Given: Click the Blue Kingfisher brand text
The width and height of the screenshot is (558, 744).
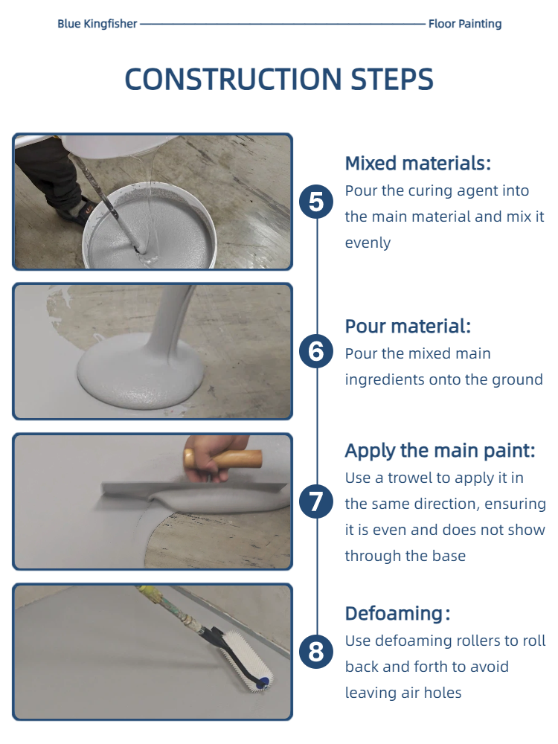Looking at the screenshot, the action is pyautogui.click(x=97, y=24).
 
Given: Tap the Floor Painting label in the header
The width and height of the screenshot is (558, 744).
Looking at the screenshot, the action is pyautogui.click(x=465, y=24).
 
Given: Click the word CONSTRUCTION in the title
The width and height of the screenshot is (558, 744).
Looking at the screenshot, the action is pyautogui.click(x=233, y=79).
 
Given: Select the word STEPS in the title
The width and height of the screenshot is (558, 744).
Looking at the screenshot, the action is pyautogui.click(x=392, y=79).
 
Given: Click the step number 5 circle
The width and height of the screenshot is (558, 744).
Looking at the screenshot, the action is pyautogui.click(x=316, y=202).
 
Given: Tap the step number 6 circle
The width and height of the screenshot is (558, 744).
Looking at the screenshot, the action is pyautogui.click(x=316, y=352).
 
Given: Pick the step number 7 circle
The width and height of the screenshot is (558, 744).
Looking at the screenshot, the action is pyautogui.click(x=316, y=502).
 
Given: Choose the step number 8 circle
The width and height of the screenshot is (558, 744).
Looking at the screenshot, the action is pyautogui.click(x=316, y=652).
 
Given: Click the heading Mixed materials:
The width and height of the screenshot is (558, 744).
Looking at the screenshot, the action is pyautogui.click(x=418, y=163).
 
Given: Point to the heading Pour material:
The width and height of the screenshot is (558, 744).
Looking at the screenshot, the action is pyautogui.click(x=408, y=327).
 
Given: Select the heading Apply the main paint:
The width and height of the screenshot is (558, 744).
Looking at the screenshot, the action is pyautogui.click(x=440, y=451).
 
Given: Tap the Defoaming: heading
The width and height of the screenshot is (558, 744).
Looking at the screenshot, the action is pyautogui.click(x=397, y=614).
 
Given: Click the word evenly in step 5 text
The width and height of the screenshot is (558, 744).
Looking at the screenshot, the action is pyautogui.click(x=368, y=243).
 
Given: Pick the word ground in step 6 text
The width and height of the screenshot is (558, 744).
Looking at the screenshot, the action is pyautogui.click(x=516, y=380).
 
